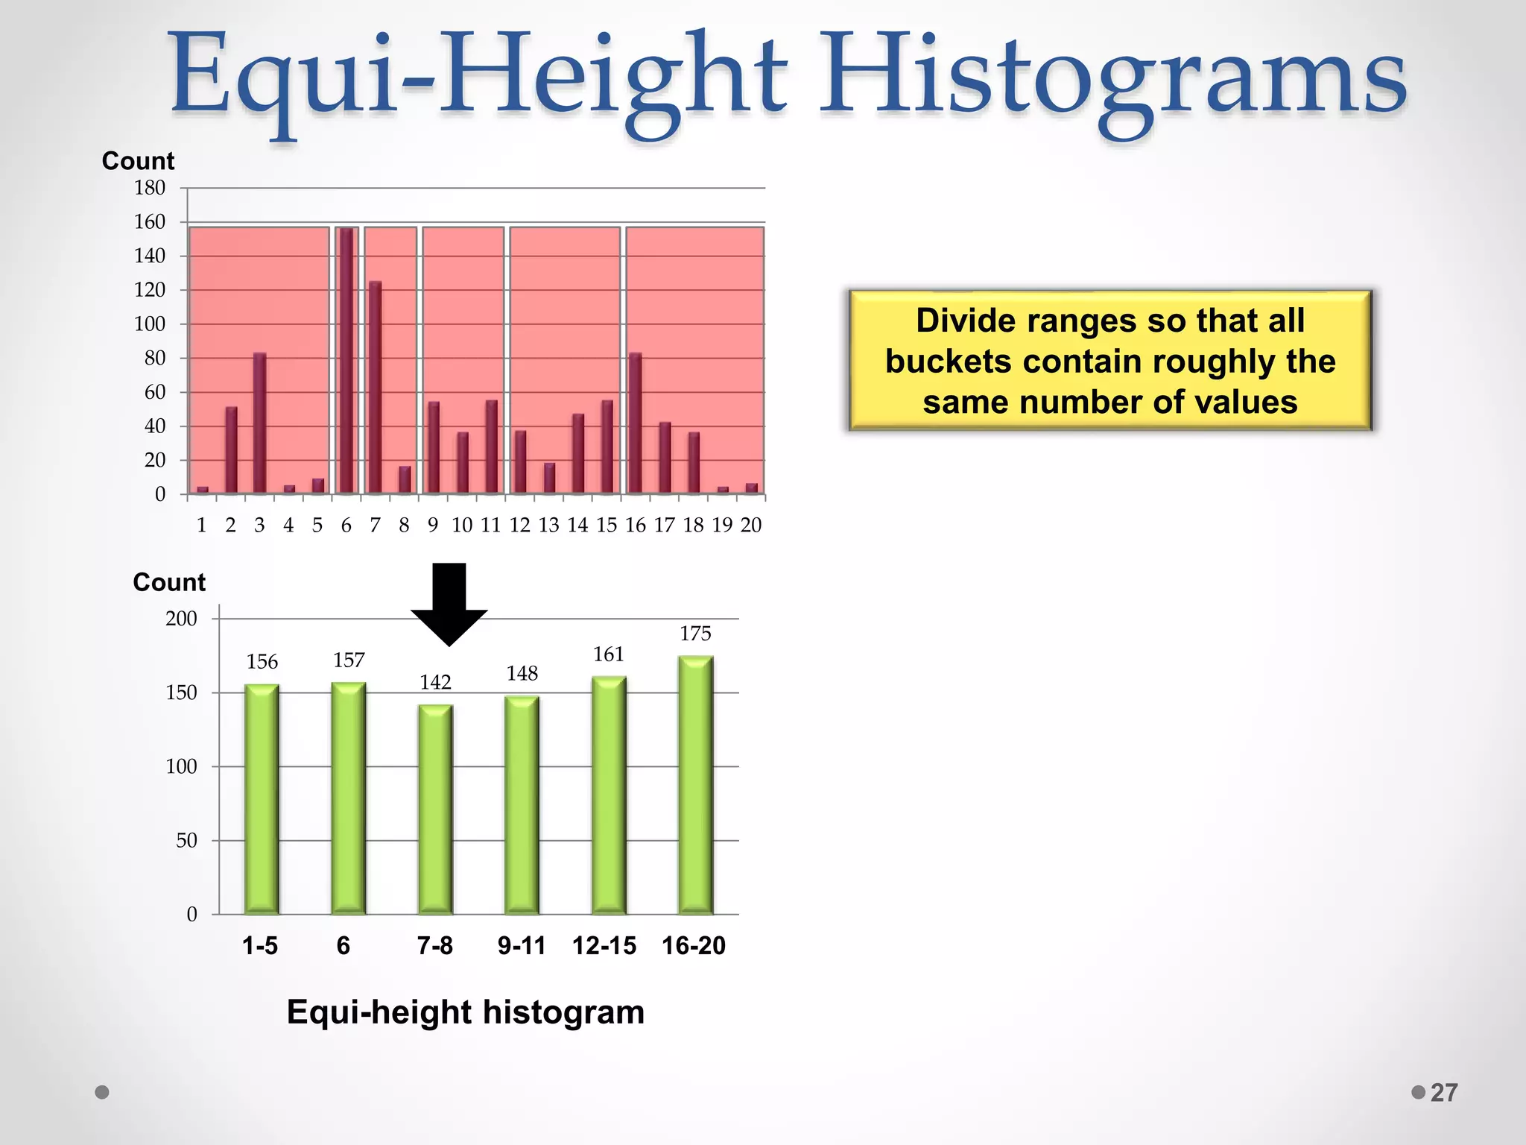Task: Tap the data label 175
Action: (x=695, y=634)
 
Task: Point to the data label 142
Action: (x=435, y=682)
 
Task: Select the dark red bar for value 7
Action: (x=375, y=387)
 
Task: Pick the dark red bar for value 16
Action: (x=635, y=423)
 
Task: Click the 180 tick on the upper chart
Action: (x=150, y=188)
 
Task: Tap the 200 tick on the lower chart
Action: (x=181, y=619)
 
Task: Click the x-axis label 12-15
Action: (x=604, y=946)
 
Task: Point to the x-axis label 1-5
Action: (x=260, y=946)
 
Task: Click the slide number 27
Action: (x=1443, y=1093)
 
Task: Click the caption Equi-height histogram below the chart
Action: (x=466, y=1012)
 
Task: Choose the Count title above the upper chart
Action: (x=138, y=161)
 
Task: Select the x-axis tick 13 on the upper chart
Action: (x=548, y=526)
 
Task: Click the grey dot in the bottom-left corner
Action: (x=103, y=1092)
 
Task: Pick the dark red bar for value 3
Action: (x=259, y=423)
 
